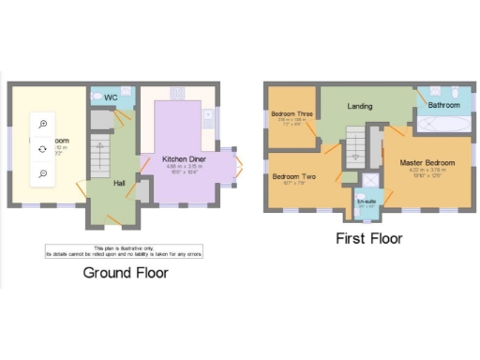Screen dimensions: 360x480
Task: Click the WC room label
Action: click(x=111, y=97)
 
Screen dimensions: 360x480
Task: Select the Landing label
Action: click(x=360, y=106)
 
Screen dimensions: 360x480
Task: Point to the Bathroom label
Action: click(x=443, y=106)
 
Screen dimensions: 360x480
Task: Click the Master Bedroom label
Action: click(x=427, y=162)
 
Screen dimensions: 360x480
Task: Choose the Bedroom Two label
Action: click(x=292, y=176)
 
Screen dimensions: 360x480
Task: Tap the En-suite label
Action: click(x=367, y=200)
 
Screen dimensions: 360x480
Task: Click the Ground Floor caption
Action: click(x=126, y=273)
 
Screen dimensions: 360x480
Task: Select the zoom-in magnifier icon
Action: click(x=43, y=124)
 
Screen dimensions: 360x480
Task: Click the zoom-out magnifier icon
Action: click(x=43, y=173)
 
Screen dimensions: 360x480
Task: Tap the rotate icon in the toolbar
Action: click(x=43, y=149)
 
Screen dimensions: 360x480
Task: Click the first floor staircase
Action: click(x=354, y=147)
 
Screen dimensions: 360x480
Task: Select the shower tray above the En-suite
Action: click(x=368, y=178)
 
